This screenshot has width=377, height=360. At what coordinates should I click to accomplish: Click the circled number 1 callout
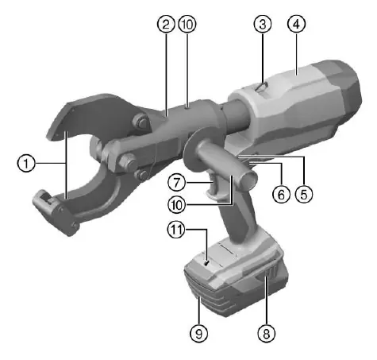coord(26,163)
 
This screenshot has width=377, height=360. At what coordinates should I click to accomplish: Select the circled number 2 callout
coord(166,24)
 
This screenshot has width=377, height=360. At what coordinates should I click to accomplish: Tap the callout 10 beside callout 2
coord(187,24)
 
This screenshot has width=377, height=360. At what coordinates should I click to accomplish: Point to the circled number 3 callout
coord(263,24)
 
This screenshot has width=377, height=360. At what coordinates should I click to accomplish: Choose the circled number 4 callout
coord(296,24)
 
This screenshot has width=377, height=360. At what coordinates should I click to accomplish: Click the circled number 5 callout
coord(304,195)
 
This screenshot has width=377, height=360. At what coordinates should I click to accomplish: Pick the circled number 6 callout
coord(281,195)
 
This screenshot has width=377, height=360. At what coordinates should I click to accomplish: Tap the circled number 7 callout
coord(177,182)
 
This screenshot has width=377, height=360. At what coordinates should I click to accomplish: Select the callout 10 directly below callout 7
coord(177,205)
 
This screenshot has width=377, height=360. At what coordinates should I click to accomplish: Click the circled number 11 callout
coord(176,230)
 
